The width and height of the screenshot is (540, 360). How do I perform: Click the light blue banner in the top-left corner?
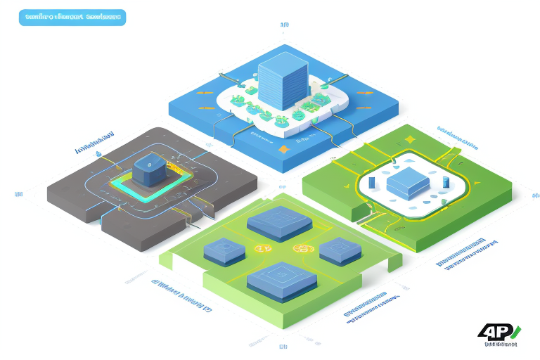(x=72, y=17)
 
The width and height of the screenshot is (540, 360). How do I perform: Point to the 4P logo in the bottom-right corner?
(x=497, y=333)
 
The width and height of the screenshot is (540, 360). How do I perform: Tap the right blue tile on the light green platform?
(x=340, y=250)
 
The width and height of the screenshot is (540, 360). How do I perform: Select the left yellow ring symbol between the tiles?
(x=264, y=249)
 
